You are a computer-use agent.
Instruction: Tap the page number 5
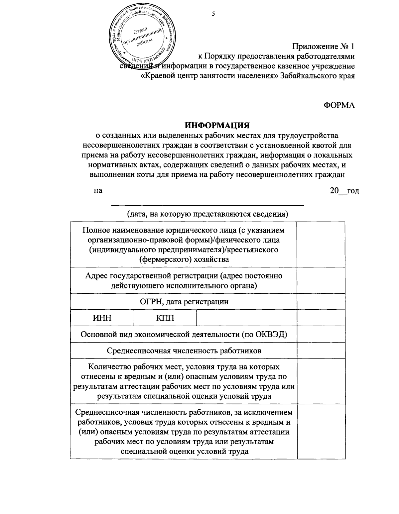213,14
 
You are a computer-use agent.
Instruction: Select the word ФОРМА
339,105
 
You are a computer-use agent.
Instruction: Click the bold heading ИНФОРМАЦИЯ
217,126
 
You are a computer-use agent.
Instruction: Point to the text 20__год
344,191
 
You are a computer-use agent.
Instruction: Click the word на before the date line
98,191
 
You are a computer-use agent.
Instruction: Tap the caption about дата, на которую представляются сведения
208,214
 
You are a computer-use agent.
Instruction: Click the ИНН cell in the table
102,318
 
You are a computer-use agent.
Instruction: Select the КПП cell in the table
165,318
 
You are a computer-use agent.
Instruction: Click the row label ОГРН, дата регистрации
184,302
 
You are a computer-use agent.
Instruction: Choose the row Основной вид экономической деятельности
184,334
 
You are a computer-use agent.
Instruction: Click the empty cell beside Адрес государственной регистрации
321,280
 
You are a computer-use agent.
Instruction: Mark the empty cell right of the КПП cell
246,318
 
